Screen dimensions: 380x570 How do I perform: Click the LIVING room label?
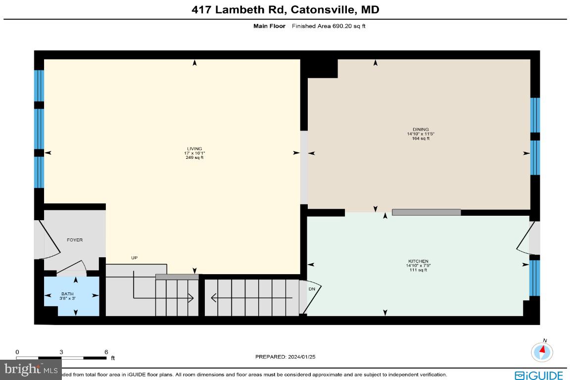tap(194, 148)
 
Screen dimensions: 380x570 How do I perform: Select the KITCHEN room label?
tap(418, 261)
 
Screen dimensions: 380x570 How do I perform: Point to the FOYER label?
tap(75, 240)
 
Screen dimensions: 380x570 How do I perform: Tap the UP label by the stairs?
tap(134, 258)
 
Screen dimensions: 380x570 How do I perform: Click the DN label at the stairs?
tap(312, 289)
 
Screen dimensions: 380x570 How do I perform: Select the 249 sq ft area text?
tap(194, 158)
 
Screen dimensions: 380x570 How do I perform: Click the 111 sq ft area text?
tap(418, 270)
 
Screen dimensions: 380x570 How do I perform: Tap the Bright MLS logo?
tap(31, 369)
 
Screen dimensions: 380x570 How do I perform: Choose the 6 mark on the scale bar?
tap(106, 352)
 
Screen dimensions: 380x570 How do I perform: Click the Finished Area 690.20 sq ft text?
tap(329, 26)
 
